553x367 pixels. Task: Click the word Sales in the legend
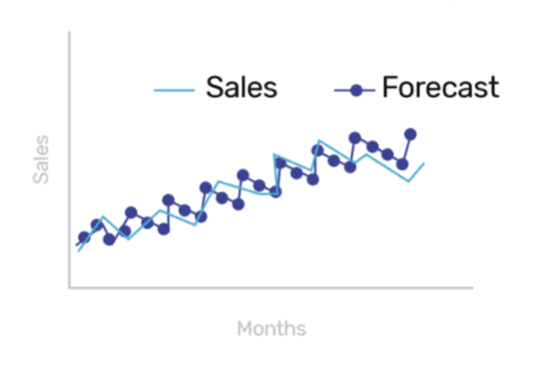point(242,88)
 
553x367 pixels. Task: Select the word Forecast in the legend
point(439,88)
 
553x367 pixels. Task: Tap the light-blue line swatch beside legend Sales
point(175,91)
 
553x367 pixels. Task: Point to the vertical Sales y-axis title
point(41,161)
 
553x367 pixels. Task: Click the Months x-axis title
point(272,328)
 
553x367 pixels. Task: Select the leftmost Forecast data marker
point(84,237)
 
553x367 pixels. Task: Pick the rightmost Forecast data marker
point(410,134)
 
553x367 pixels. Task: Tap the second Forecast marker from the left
point(97,225)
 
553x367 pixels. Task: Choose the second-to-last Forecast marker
point(402,164)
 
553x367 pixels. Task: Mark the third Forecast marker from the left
point(110,239)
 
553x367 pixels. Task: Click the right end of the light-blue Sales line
point(424,163)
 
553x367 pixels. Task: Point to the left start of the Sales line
point(78,251)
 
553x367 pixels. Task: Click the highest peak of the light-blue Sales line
point(318,141)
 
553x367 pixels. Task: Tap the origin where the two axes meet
point(69,287)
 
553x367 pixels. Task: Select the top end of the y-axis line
point(69,33)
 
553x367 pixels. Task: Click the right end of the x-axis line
point(472,287)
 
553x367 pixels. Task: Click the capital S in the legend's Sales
point(214,88)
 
